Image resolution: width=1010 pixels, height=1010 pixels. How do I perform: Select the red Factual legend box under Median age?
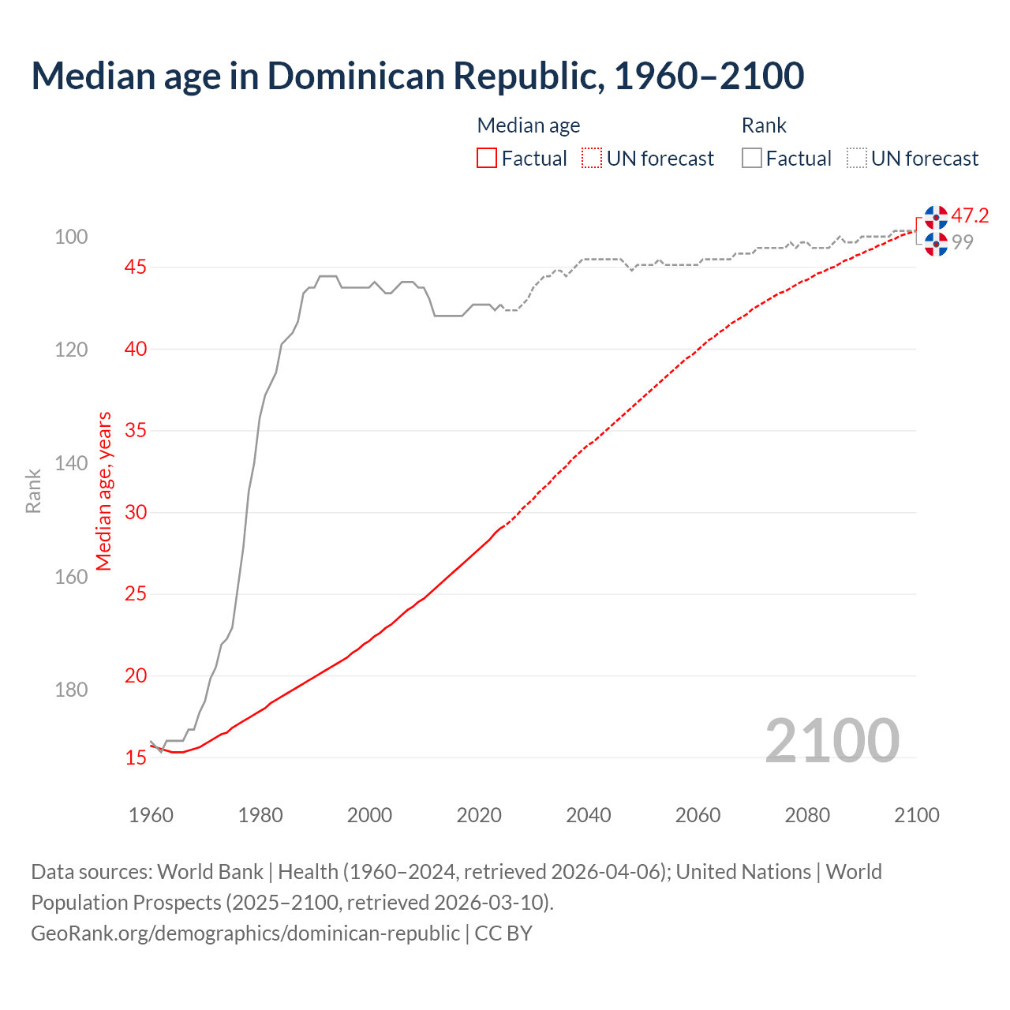(487, 159)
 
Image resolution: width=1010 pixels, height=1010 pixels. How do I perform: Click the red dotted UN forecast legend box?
(592, 159)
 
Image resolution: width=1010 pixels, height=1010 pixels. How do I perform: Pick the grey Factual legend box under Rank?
(752, 159)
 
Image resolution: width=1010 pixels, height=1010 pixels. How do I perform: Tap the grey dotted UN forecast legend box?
(857, 159)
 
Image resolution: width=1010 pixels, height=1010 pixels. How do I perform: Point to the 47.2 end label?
(970, 215)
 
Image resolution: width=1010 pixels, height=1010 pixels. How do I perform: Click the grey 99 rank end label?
(963, 242)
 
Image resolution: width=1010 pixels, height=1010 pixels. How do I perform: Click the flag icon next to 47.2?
(936, 216)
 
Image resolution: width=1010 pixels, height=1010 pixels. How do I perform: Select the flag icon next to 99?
(936, 244)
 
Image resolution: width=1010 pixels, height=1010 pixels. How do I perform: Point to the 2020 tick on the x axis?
(479, 815)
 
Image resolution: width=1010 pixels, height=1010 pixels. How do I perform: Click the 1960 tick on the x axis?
(151, 815)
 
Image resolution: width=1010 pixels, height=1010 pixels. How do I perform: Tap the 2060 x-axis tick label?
(698, 815)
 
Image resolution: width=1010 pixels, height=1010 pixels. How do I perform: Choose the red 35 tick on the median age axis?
(136, 431)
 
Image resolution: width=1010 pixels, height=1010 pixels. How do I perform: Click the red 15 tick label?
(136, 757)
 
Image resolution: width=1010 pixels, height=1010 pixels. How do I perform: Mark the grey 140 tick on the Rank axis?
(71, 463)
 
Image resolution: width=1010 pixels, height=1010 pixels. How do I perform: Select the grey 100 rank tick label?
(71, 237)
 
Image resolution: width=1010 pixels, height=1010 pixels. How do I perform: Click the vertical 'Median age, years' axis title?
(104, 491)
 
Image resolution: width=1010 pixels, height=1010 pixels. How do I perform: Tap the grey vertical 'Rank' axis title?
(33, 491)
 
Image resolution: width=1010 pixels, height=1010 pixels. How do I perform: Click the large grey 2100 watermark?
(832, 740)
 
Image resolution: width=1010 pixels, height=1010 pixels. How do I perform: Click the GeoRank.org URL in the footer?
(245, 933)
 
